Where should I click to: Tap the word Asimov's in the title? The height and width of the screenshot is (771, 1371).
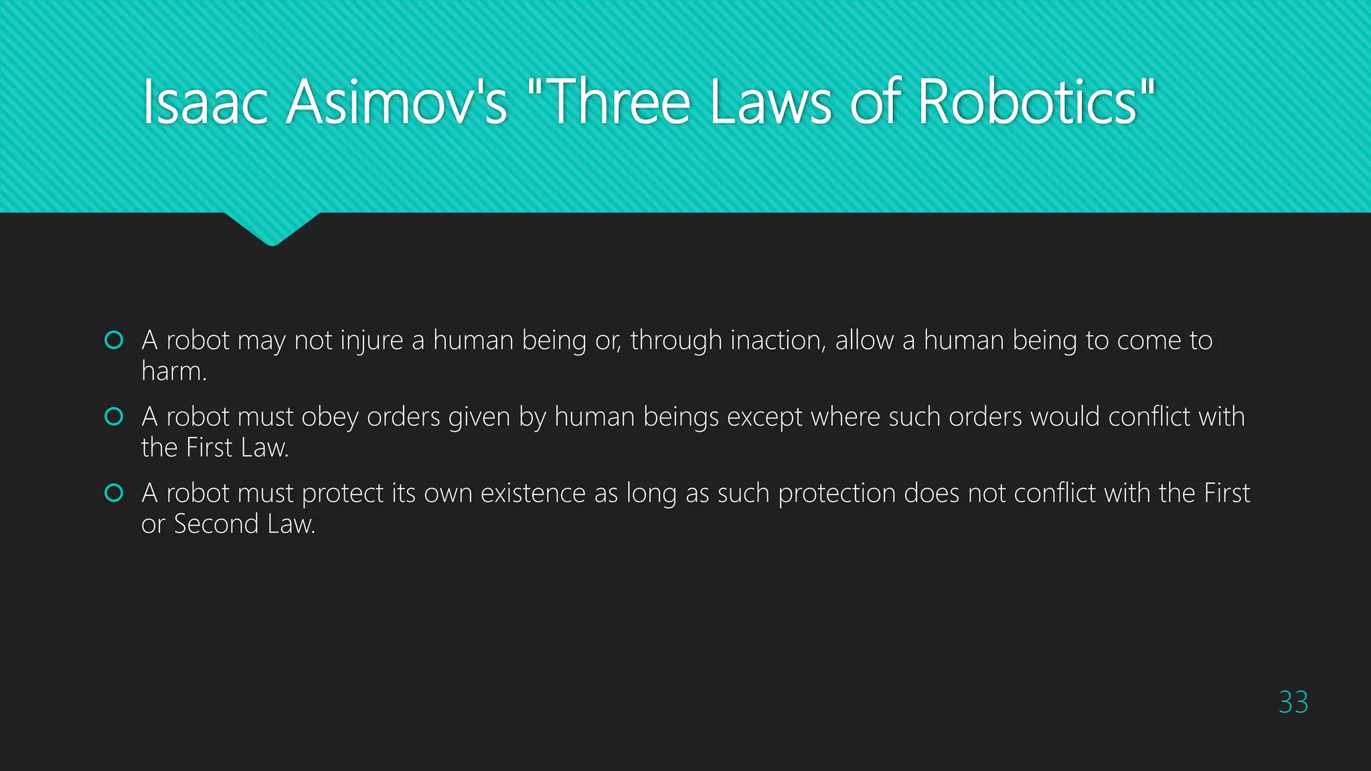[x=397, y=102]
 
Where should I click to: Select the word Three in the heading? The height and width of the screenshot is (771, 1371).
[x=619, y=102]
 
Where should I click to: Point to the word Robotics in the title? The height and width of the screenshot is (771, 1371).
[x=1028, y=102]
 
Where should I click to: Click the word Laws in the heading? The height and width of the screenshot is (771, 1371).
[x=771, y=102]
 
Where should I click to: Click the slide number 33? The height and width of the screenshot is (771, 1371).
[x=1293, y=702]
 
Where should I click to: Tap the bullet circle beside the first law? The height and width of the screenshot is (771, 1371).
[x=114, y=340]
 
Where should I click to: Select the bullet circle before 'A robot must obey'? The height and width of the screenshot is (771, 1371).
[x=114, y=416]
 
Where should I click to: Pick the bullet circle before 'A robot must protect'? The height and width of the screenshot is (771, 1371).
[x=114, y=493]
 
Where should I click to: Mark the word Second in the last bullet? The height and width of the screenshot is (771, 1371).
[x=216, y=524]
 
